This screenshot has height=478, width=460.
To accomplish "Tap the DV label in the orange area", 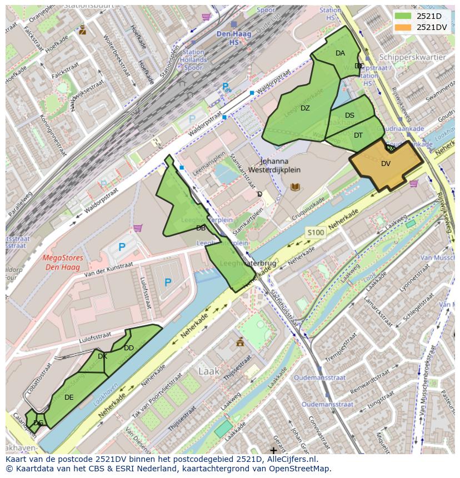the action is (386, 164).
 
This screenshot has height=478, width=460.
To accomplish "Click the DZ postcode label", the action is (305, 108).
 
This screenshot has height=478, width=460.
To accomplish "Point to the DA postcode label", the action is (340, 53).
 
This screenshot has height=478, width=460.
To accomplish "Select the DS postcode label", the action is (349, 115).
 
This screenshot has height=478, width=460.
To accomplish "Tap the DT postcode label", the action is (358, 135).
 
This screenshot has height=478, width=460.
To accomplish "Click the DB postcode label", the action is (201, 228).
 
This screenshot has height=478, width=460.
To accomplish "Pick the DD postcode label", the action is (129, 348).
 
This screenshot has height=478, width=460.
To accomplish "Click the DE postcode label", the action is (69, 397).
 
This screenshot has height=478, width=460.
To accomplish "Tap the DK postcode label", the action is (102, 356).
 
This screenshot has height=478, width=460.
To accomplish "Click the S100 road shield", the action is (315, 232).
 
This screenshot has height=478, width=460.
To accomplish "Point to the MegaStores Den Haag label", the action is (63, 262).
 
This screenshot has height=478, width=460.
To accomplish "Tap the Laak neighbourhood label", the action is (209, 370).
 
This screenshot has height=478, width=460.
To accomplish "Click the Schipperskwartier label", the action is (412, 57).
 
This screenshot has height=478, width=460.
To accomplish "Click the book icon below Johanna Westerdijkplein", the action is (295, 187).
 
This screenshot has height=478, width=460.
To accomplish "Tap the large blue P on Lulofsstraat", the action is (168, 282).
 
